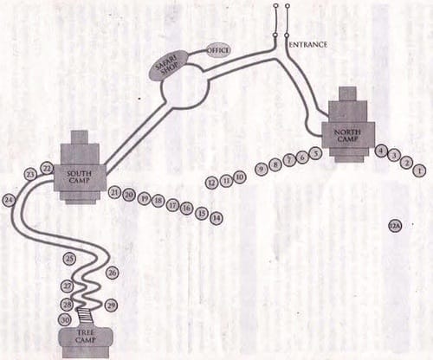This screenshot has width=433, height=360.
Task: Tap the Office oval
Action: pyautogui.click(x=218, y=50)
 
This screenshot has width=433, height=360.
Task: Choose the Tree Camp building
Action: pyautogui.click(x=85, y=336)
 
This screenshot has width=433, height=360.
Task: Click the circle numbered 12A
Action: pyautogui.click(x=395, y=226)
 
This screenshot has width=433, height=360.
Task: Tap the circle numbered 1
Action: pyautogui.click(x=419, y=170)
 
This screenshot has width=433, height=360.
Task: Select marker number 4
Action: pyautogui.click(x=381, y=151)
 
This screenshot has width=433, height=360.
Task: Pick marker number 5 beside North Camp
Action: pyautogui.click(x=315, y=153)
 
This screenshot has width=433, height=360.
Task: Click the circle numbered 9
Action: pyautogui.click(x=261, y=170)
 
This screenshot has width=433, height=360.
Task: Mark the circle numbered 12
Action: pyautogui.click(x=211, y=183)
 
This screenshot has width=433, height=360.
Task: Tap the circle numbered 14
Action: pyautogui.click(x=216, y=218)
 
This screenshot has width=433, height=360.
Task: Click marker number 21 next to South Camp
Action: pyautogui.click(x=115, y=192)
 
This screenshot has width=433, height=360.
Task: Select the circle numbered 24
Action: pyautogui.click(x=9, y=200)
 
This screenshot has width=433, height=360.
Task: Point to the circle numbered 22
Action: pyautogui.click(x=47, y=168)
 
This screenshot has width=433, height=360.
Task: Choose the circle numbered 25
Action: pyautogui.click(x=70, y=258)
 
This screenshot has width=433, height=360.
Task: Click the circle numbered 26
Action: pyautogui.click(x=113, y=273)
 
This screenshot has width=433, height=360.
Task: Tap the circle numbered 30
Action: pyautogui.click(x=64, y=319)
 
